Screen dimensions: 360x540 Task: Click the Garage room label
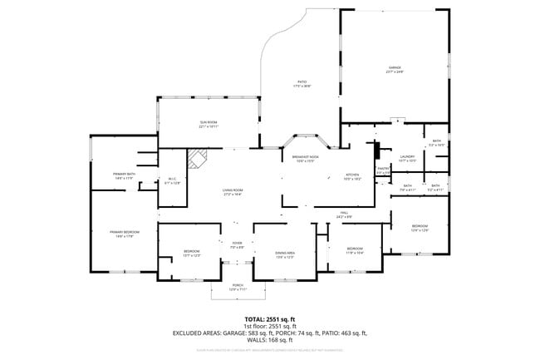click(x=395, y=67)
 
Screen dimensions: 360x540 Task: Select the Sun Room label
click(x=208, y=124)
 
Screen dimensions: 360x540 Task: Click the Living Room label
click(x=232, y=191)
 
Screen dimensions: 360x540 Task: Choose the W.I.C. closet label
click(x=172, y=180)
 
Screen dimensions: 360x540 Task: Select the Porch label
click(x=238, y=288)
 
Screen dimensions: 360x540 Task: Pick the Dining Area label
click(x=285, y=254)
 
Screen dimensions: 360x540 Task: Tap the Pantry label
click(x=383, y=170)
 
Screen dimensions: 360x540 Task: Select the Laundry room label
click(x=407, y=158)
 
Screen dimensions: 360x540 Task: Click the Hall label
click(x=343, y=215)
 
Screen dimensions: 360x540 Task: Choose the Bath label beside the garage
click(x=435, y=143)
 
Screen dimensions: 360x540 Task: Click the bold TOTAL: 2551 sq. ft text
click(x=269, y=319)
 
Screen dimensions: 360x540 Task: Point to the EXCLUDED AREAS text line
click(x=269, y=333)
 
